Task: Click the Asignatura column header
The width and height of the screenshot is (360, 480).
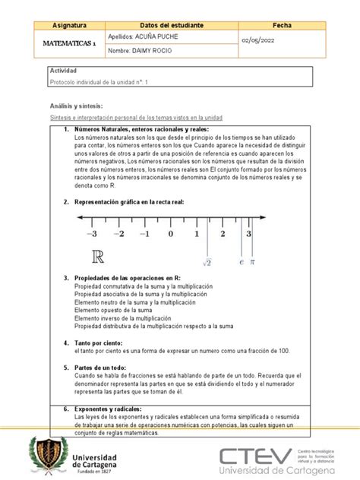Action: tap(65, 25)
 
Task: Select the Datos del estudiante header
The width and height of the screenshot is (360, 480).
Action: tap(172, 25)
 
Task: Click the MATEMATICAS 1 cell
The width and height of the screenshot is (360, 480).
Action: tap(65, 43)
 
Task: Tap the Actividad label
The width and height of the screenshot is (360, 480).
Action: tap(65, 70)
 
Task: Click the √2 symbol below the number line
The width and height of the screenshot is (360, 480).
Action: tap(206, 262)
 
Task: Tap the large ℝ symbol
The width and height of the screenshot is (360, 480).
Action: tap(98, 257)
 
